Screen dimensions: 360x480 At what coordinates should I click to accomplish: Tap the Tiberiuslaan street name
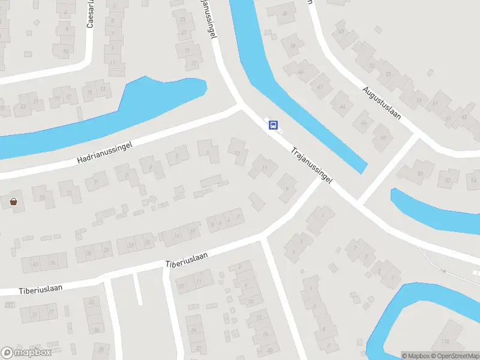(187, 259)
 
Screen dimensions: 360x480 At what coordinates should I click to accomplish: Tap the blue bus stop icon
(273, 125)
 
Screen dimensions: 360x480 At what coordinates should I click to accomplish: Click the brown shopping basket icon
(13, 202)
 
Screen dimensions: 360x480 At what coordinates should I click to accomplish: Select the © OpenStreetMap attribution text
(454, 356)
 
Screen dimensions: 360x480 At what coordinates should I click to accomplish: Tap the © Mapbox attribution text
(415, 356)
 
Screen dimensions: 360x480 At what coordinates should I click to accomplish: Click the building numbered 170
(445, 343)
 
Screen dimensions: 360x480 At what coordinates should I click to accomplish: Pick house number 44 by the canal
(343, 106)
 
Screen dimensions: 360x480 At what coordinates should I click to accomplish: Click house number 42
(320, 86)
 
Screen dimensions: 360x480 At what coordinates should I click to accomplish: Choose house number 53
(388, 74)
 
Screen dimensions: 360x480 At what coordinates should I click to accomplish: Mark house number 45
(342, 30)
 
